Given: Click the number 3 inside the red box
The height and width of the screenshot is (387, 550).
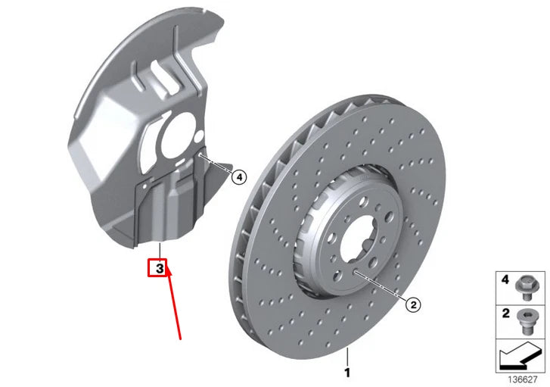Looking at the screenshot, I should [x=159, y=268].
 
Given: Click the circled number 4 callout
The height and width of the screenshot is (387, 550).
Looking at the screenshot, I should [x=239, y=177].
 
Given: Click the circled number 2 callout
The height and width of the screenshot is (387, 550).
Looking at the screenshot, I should [x=412, y=304].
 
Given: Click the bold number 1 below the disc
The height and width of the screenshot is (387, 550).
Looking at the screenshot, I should [x=347, y=372].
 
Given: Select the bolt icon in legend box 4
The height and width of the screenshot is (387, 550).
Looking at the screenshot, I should [x=522, y=285].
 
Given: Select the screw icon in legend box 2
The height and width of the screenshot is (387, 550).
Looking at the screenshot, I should [x=522, y=317].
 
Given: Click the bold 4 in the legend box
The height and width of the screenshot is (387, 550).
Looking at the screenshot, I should [x=505, y=279].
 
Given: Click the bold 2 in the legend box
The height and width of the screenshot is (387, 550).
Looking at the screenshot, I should [x=505, y=312].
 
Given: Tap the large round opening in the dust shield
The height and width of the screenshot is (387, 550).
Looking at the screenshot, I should [x=179, y=136].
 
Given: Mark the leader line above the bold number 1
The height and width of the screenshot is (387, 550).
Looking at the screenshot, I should [x=347, y=355].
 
